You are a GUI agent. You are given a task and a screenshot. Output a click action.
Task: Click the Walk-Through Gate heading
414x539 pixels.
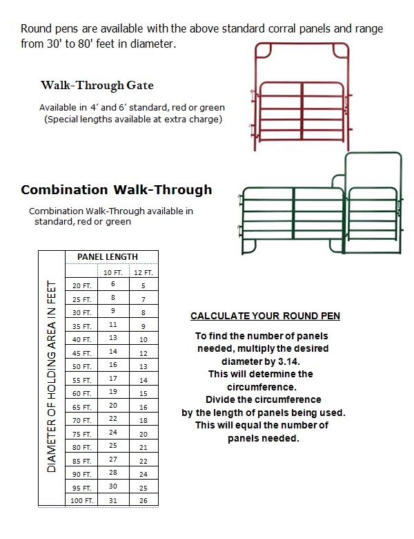point(97,86)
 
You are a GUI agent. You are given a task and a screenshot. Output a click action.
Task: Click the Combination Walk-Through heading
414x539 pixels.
point(117,189)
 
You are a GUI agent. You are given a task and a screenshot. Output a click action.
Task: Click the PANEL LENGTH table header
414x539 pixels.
point(111,257)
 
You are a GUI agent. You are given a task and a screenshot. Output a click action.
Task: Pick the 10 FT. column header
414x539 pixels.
point(113,272)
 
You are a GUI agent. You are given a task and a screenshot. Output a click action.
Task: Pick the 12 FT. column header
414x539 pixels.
point(144,272)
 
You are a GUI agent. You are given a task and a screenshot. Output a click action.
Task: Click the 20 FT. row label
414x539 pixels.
point(81,285)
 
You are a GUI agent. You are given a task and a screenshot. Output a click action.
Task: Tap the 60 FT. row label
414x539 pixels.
point(81,393)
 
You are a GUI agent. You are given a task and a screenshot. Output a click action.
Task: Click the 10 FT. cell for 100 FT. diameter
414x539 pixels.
point(113,500)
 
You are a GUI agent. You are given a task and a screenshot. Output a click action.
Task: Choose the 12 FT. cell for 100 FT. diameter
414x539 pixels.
point(144,501)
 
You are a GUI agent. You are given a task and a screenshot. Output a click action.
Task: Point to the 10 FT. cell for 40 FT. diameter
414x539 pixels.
point(113,338)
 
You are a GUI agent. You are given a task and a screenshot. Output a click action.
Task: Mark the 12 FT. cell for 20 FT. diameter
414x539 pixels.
point(144,285)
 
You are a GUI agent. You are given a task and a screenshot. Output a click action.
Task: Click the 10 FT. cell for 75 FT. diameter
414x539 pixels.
point(113,433)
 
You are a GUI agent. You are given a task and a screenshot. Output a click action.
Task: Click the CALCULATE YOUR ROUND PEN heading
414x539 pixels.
point(265,316)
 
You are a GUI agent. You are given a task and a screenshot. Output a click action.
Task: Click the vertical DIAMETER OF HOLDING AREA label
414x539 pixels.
point(52,377)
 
